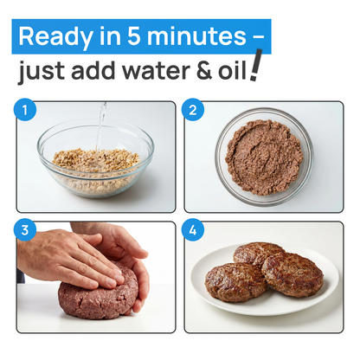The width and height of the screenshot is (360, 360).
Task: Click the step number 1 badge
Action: [x=26, y=111]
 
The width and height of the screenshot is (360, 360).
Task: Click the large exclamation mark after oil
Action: [x=254, y=67]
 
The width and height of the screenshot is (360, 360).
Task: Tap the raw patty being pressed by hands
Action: [x=97, y=299]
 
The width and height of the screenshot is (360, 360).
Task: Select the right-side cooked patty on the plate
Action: [x=292, y=274]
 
